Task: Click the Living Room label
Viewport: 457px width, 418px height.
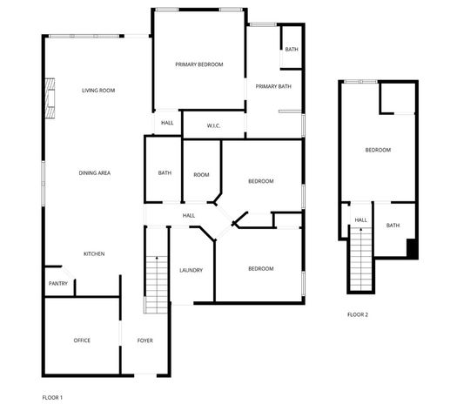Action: point(98,91)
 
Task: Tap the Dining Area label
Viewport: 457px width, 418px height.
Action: point(94,173)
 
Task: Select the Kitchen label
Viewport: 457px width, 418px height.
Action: point(94,253)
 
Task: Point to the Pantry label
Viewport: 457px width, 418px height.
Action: point(57,283)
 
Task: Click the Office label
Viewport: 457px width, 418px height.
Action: point(82,340)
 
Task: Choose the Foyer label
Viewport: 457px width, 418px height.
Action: point(144,340)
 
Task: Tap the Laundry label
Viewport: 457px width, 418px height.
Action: point(191,270)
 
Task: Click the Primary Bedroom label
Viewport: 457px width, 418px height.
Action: point(198,64)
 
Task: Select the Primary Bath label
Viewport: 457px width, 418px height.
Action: point(273,86)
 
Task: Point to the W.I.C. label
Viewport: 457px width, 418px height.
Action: point(213,125)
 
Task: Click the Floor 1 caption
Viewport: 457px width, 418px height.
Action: point(52,397)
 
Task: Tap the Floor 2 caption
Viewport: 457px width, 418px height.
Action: point(358,314)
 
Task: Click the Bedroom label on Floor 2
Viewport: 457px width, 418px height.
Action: point(378,151)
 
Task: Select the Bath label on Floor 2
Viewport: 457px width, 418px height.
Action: point(393,226)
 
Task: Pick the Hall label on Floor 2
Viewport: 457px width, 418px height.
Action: point(360,220)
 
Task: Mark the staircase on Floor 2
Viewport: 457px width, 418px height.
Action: point(360,259)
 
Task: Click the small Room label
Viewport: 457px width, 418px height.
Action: point(201,175)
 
